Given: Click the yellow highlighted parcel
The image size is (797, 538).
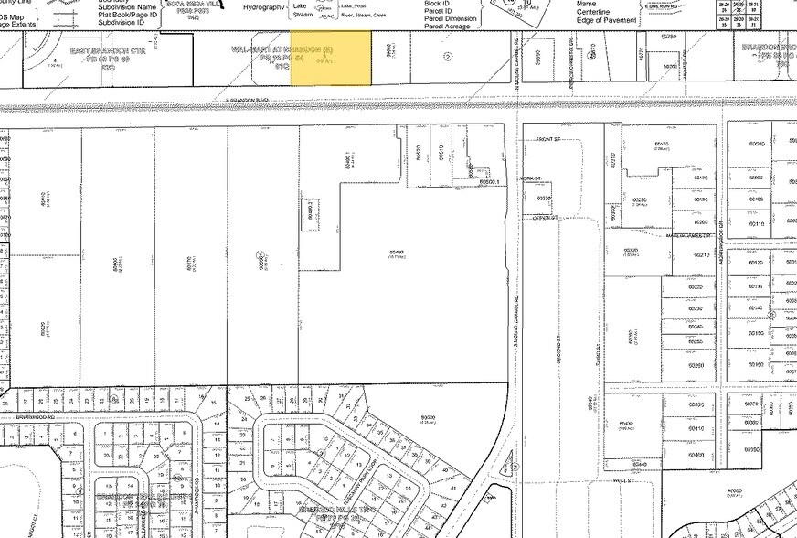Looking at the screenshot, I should (331, 58).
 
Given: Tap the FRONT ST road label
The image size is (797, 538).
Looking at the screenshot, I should (548, 141).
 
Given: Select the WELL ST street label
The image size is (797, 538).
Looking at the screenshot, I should (623, 479).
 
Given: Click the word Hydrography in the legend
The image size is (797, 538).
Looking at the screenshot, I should (264, 6).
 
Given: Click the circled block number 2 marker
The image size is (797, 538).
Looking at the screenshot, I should (448, 57).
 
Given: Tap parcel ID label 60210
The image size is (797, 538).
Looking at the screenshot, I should (701, 255).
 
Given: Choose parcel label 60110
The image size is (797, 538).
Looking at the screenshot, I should (756, 223).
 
